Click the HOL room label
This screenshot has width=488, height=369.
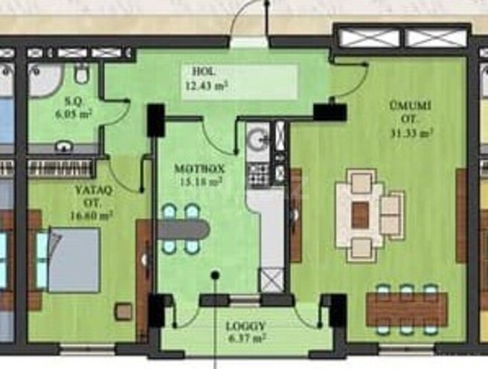click(x=199, y=72)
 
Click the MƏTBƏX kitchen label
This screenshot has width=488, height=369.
click(x=199, y=169)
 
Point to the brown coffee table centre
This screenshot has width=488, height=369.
click(x=361, y=216)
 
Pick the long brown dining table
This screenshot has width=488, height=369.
click(x=406, y=309)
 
